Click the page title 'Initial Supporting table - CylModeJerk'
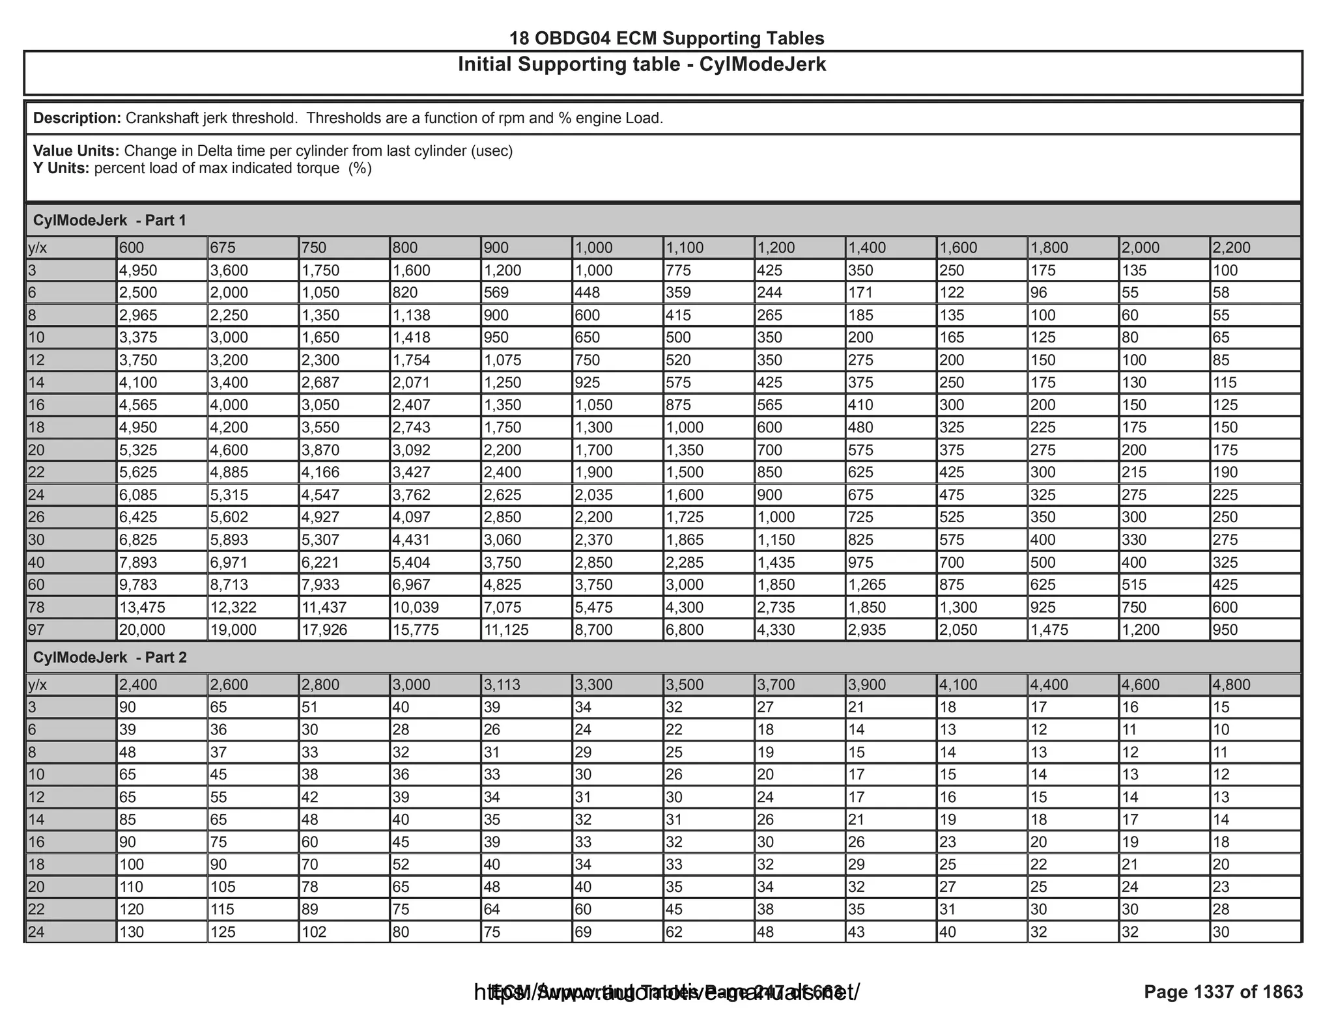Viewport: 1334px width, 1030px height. pos(642,64)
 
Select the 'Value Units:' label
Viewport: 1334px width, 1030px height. pos(76,151)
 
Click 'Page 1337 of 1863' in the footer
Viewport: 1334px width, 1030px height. pos(1223,992)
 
